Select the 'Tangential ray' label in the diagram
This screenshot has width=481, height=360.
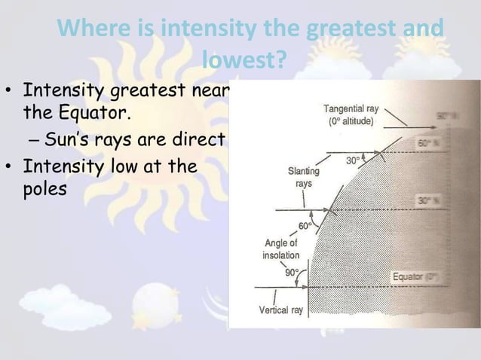(356, 108)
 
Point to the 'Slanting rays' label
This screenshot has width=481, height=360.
(303, 177)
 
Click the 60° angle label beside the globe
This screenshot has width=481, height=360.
(305, 226)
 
